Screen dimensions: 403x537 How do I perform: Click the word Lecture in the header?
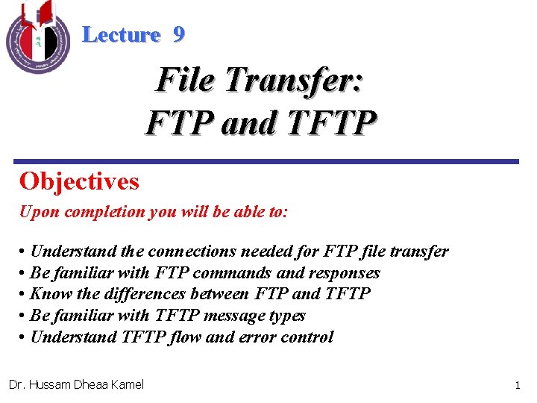point(121,34)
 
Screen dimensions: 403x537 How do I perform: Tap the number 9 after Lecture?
point(178,34)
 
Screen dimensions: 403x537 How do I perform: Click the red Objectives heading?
point(79,181)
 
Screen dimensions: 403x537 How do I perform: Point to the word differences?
point(135,294)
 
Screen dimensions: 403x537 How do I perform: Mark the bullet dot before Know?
point(24,295)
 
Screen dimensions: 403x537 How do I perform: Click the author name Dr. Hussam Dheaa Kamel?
point(76,384)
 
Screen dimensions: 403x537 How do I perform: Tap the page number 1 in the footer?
point(517,385)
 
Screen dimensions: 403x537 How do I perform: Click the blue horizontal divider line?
point(267,161)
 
